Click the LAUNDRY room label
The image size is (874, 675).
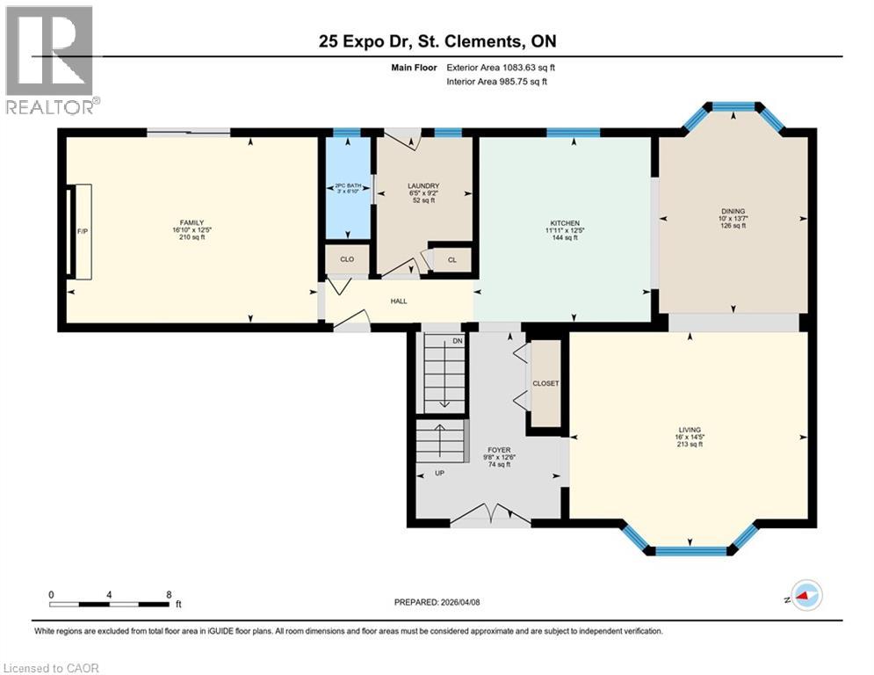[x=423, y=185]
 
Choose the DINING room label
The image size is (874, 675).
[x=733, y=211]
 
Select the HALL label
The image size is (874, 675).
[x=399, y=301]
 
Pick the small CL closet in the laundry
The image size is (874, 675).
[x=451, y=260]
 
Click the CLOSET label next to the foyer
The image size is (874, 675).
[x=546, y=383]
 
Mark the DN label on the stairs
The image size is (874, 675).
[x=458, y=341]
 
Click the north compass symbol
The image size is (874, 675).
[x=805, y=596]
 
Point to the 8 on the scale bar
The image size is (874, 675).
[x=168, y=594]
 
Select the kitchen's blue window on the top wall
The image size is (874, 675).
[x=573, y=133]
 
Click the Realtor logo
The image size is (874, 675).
[x=50, y=60]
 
